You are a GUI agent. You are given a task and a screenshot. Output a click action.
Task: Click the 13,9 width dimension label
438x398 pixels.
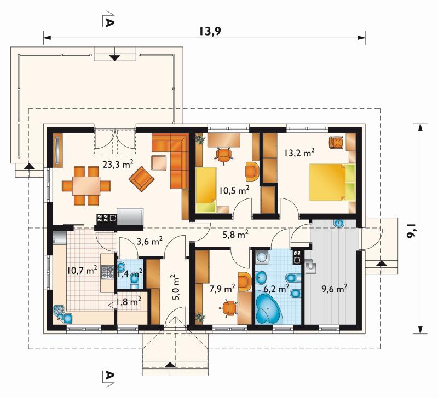(210, 31)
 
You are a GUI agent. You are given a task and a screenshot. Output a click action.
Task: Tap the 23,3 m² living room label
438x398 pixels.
(118, 164)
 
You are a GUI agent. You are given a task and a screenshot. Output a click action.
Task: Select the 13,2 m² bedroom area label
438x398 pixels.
(299, 153)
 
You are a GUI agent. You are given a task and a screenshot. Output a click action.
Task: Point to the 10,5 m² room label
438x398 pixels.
(234, 190)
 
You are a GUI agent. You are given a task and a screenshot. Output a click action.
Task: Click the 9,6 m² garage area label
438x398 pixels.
(335, 289)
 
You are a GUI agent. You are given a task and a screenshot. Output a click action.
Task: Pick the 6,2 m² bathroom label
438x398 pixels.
(276, 289)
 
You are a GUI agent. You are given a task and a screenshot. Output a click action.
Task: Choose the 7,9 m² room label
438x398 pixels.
(222, 289)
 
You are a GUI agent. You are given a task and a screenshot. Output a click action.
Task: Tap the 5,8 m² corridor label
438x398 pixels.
(235, 235)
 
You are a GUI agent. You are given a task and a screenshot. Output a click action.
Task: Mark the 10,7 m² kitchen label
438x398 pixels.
(82, 270)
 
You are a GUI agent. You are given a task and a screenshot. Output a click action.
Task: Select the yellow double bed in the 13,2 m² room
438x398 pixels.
(332, 182)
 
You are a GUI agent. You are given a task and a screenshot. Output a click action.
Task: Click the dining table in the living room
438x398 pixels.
(86, 186)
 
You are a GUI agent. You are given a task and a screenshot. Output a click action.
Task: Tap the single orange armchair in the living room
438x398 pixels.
(141, 179)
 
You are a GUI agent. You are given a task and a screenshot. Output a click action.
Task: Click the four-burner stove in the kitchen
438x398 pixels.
(107, 272)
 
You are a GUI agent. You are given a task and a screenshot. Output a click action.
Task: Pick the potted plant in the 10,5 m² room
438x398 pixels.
(200, 139)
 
